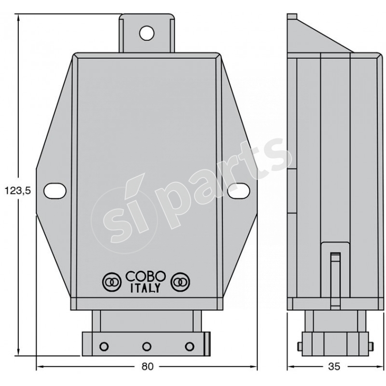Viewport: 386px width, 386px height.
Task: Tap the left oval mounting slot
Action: [55, 190]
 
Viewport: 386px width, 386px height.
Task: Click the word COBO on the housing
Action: [146, 278]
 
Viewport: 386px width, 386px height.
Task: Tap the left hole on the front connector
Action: [103, 345]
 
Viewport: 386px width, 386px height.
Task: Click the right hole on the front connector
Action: [190, 345]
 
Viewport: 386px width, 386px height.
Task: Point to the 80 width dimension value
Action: [147, 366]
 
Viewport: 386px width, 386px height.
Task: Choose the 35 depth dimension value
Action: [333, 366]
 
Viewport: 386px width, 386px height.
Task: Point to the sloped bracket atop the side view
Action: [318, 34]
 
